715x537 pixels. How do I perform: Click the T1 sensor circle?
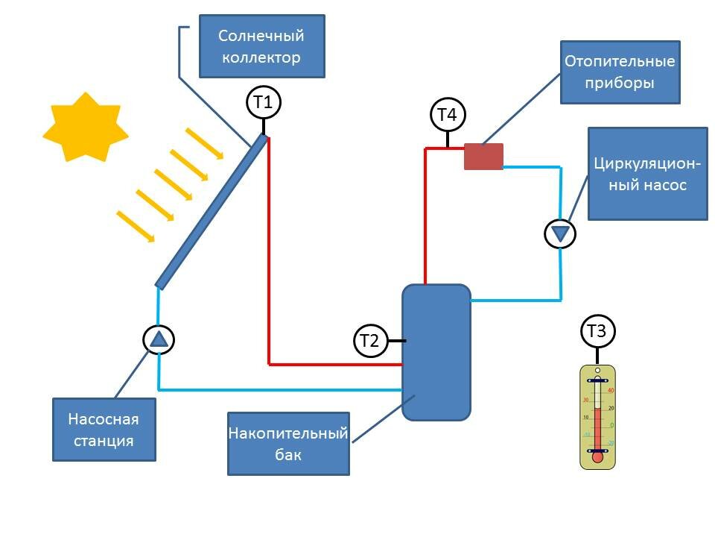pos(263,103)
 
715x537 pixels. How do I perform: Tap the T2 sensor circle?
pos(369,341)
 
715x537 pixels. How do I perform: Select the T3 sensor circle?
pos(597,332)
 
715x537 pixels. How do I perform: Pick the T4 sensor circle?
pos(447,115)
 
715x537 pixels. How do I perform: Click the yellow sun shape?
pos(85,128)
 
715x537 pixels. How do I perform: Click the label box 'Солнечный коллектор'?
pos(261,46)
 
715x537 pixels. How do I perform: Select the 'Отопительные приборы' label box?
pos(620,72)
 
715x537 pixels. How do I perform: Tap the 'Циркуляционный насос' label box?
pos(647,174)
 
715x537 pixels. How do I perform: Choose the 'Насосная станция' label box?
pos(104,429)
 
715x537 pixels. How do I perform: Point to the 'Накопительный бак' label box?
pos(288,443)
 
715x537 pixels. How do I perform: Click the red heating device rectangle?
pos(483,157)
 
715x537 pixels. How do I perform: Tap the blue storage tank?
pos(436,352)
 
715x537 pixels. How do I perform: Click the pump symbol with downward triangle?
pos(560,233)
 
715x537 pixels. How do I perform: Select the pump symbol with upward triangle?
pos(159,339)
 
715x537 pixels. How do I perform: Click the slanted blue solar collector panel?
pos(211,211)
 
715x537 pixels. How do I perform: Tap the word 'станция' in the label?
pos(104,440)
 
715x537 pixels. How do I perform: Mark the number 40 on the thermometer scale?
pos(611,391)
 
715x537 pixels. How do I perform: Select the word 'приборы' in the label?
pos(620,83)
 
